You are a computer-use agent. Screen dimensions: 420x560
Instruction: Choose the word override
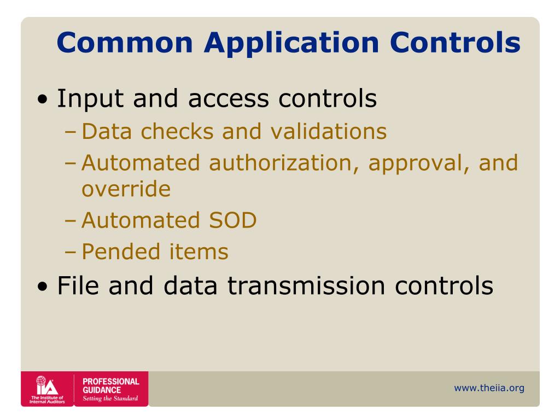pos(126,189)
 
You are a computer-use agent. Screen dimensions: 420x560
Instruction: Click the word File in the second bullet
pos(79,285)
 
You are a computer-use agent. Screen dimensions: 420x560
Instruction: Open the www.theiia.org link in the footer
pos(489,388)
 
